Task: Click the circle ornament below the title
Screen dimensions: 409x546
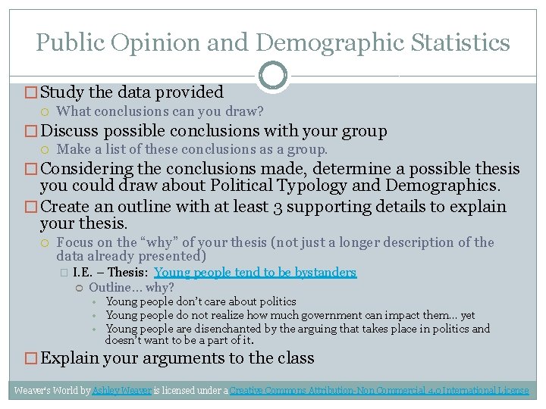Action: [272, 75]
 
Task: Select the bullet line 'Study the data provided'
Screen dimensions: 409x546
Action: [131, 92]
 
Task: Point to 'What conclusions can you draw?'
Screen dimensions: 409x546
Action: [160, 111]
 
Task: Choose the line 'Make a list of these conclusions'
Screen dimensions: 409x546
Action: [192, 149]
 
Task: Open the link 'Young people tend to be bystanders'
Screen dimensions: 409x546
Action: [255, 272]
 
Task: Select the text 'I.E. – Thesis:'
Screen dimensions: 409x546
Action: [111, 272]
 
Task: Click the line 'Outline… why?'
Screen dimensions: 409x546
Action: [131, 287]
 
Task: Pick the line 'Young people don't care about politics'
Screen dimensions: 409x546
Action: [201, 301]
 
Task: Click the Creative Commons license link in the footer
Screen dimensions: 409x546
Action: [378, 391]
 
